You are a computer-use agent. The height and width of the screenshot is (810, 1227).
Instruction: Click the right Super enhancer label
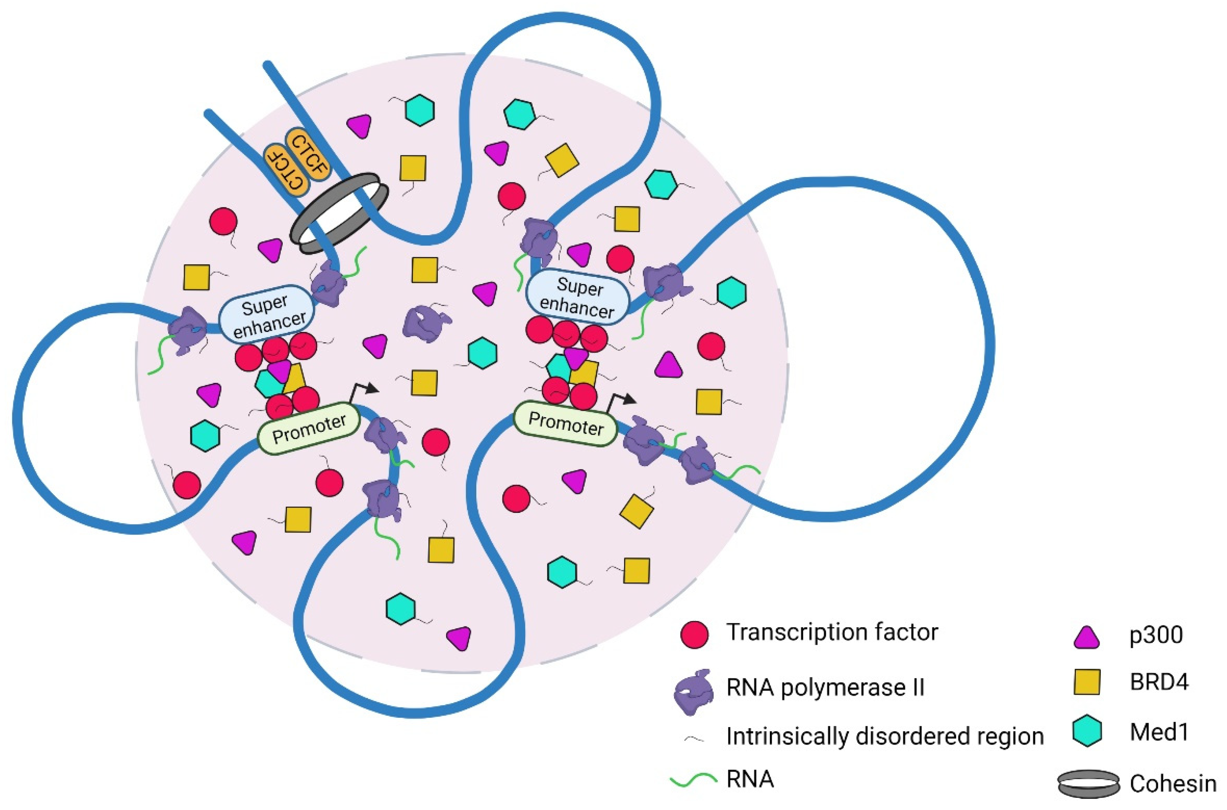pos(578,298)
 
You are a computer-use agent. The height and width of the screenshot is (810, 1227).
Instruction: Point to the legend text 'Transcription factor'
pos(832,632)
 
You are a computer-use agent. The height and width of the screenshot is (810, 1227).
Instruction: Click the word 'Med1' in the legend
pos(1159,732)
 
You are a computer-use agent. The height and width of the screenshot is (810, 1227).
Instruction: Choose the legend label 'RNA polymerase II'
pos(825,688)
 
